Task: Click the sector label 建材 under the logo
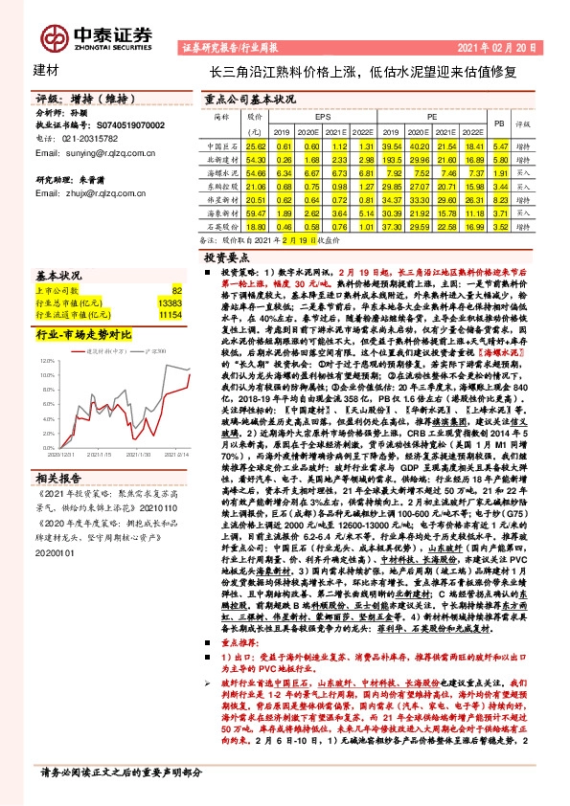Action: click(46, 72)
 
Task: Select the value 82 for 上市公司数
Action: click(176, 288)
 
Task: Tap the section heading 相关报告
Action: click(61, 477)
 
